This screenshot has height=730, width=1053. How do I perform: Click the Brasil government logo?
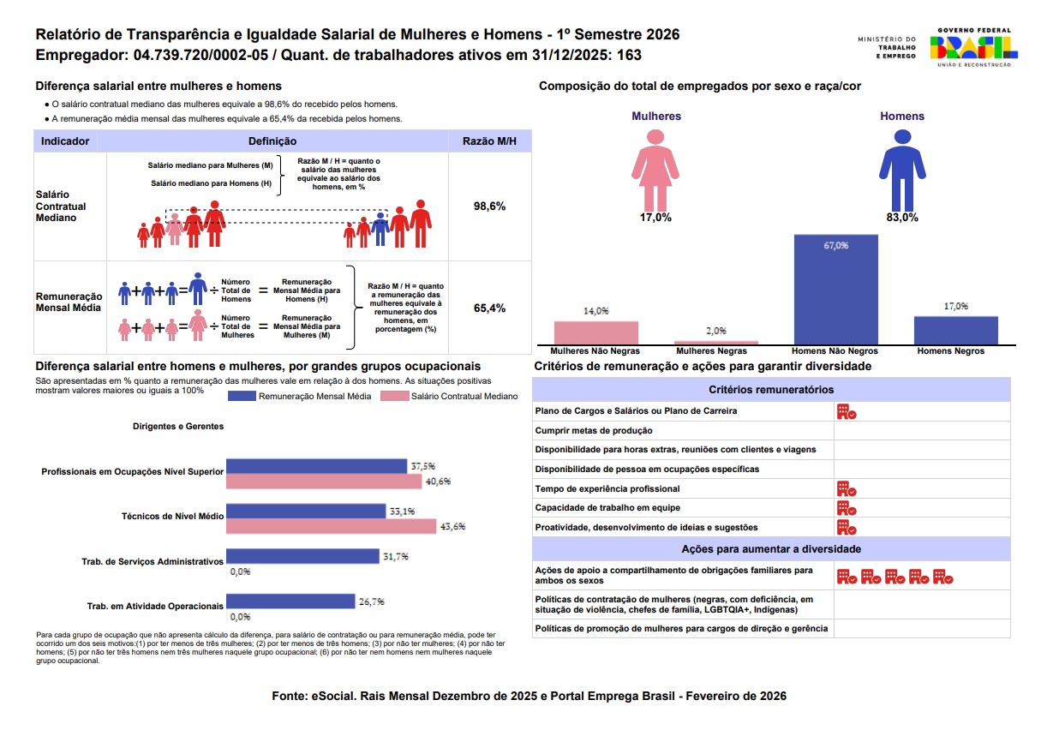coord(972,46)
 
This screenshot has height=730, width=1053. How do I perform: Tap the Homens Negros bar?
coord(955,330)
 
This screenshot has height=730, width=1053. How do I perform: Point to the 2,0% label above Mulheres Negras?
coord(715,331)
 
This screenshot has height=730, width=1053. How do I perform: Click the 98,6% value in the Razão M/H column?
coord(489,206)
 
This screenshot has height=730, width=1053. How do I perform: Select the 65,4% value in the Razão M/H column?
coord(489,308)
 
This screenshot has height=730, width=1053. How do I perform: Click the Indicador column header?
coord(65,141)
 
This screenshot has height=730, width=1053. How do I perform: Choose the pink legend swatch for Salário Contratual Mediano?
coord(394,397)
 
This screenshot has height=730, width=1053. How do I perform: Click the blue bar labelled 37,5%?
coord(316,466)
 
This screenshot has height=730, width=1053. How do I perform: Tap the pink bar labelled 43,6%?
coord(331,526)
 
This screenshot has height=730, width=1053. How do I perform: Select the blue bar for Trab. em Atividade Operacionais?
coord(290,601)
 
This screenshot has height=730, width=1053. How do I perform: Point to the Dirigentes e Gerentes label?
coord(178,426)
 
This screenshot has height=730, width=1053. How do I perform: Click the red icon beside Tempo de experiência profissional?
coord(847,489)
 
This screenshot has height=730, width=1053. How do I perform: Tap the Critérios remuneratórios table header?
coord(771,389)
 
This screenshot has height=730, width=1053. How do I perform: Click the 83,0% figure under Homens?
coord(902,218)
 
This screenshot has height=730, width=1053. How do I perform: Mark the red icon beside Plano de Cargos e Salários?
coord(847,411)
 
